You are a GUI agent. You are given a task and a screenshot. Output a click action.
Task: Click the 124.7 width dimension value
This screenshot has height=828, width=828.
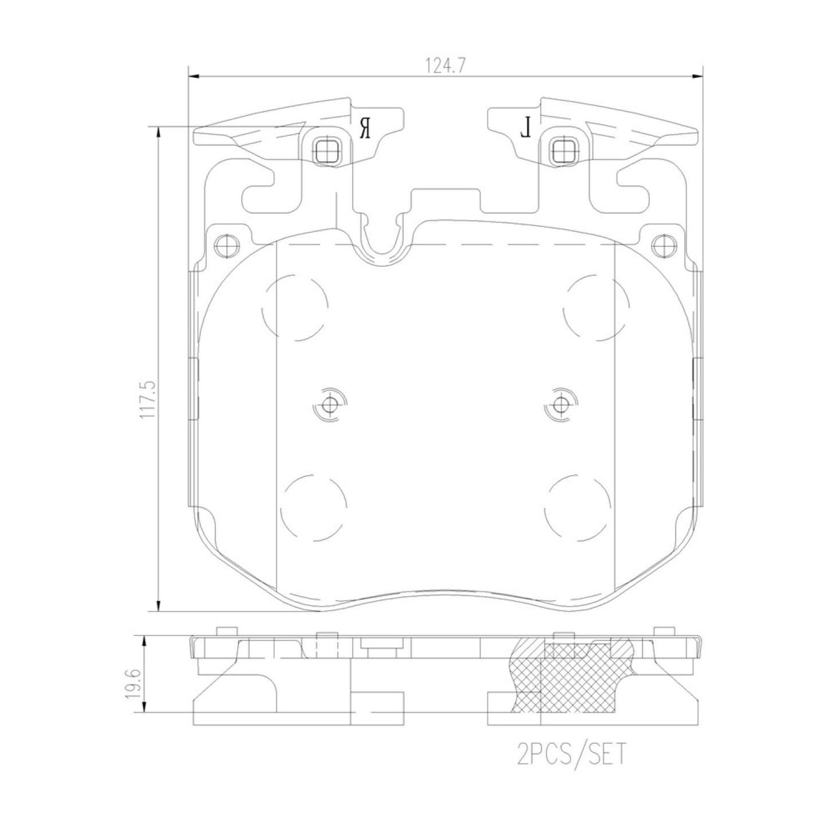(x=446, y=65)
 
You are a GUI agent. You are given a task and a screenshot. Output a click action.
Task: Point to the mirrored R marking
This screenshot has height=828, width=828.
(x=365, y=128)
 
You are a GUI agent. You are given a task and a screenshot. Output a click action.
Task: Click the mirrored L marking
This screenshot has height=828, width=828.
(x=525, y=128)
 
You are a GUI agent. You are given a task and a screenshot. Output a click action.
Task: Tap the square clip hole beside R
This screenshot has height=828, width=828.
(x=327, y=151)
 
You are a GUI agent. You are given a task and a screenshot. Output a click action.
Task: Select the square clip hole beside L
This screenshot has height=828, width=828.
(x=564, y=151)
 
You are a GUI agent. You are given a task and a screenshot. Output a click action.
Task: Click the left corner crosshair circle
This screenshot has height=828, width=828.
(x=226, y=246)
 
